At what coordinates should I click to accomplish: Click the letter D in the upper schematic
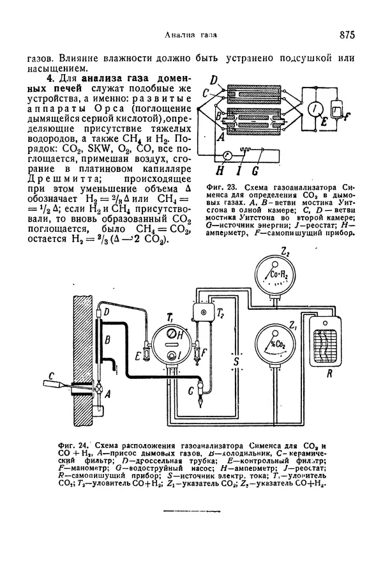[x=215, y=79]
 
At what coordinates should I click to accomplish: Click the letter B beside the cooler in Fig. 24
[x=109, y=339]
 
